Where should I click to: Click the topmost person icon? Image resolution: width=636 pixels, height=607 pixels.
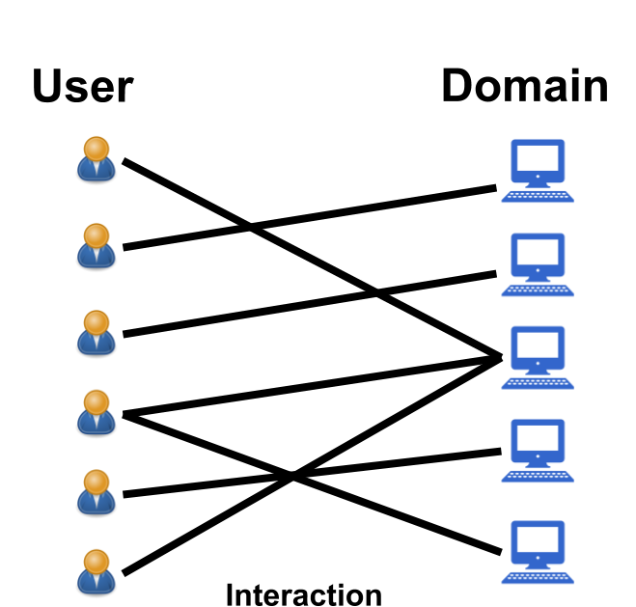(97, 159)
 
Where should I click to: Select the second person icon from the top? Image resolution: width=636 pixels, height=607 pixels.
(97, 245)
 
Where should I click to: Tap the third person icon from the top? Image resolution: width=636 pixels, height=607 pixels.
(97, 332)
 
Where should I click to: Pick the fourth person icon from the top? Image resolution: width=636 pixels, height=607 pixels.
(97, 412)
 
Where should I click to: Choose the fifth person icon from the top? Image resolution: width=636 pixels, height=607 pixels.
(97, 492)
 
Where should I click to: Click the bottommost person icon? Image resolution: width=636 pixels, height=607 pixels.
(97, 571)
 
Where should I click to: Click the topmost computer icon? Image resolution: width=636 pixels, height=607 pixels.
(538, 170)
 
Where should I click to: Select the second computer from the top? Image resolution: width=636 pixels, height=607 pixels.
(538, 263)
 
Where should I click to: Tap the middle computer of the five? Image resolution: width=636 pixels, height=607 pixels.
(538, 356)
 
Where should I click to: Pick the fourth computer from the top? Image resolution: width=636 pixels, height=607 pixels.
(538, 450)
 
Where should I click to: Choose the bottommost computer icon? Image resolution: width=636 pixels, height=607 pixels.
(538, 551)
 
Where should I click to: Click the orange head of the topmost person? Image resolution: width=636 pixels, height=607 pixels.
(97, 149)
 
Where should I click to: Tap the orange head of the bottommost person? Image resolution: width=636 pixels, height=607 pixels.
(97, 561)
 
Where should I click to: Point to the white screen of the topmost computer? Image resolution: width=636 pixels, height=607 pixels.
(538, 157)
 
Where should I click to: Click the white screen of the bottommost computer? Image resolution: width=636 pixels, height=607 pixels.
(538, 538)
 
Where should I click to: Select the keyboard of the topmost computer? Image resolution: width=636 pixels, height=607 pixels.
(538, 197)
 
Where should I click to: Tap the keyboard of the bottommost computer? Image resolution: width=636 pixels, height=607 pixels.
(538, 578)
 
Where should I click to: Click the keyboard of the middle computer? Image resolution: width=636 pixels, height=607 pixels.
(538, 383)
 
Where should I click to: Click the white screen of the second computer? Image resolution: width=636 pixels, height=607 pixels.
(538, 252)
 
